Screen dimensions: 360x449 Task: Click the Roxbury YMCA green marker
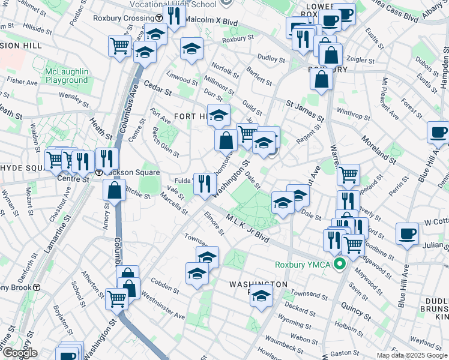coord(340,264)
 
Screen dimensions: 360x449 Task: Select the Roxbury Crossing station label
coord(124,18)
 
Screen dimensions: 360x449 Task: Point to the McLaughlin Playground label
coord(66,76)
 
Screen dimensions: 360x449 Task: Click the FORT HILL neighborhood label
coord(190,115)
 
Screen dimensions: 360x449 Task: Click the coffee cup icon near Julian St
coord(408,234)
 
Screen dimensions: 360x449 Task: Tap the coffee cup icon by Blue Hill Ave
coord(438,132)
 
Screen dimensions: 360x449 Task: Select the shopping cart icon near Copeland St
coord(348,175)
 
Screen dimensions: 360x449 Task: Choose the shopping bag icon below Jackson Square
coord(114,190)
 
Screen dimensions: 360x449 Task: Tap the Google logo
coord(19,353)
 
